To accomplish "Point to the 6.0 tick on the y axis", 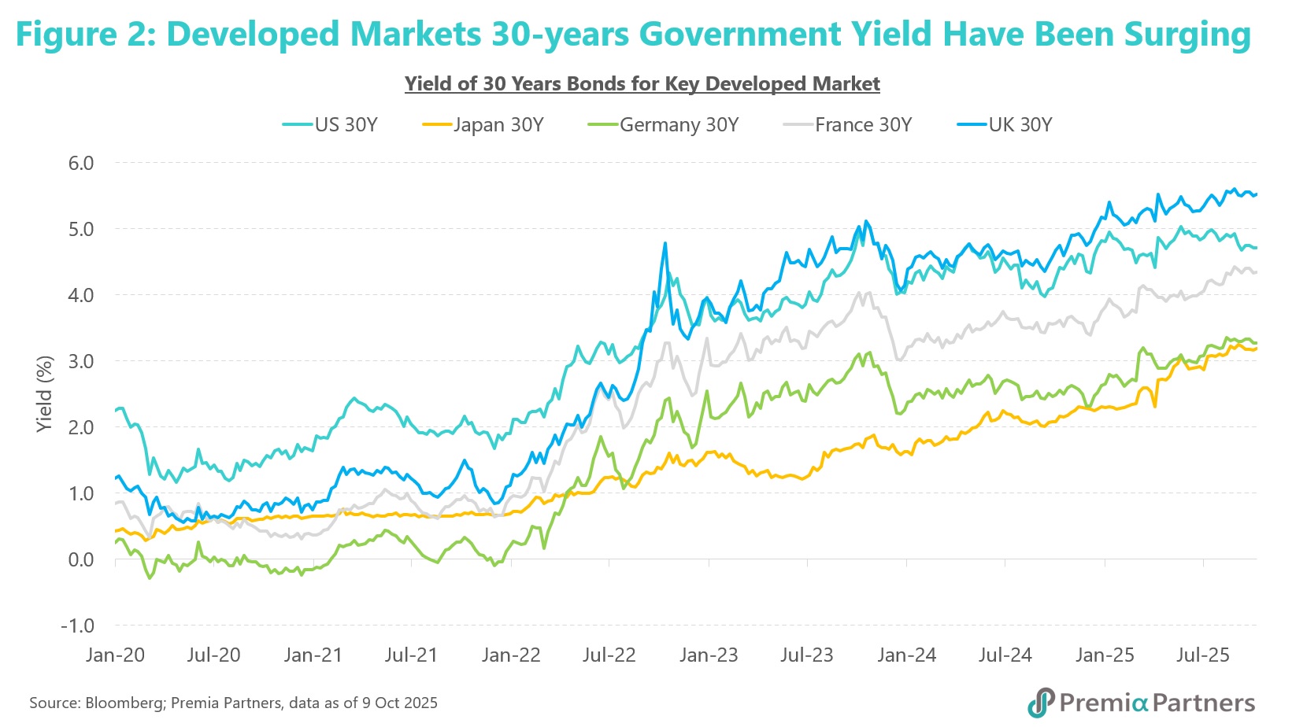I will tap(80, 163).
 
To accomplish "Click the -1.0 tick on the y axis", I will tap(77, 626).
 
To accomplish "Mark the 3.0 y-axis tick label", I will tap(80, 361).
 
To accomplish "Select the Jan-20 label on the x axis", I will tap(115, 655).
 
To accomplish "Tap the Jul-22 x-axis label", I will tap(609, 655).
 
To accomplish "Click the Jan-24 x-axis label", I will tap(906, 655).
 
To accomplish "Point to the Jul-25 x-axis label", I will tap(1202, 655).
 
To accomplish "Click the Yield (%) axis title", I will tap(45, 393).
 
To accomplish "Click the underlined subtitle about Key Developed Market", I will tap(642, 84).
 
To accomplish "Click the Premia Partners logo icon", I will tap(1041, 702).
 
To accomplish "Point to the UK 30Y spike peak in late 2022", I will tap(665, 243).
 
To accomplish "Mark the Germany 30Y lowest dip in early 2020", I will tap(150, 578).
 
